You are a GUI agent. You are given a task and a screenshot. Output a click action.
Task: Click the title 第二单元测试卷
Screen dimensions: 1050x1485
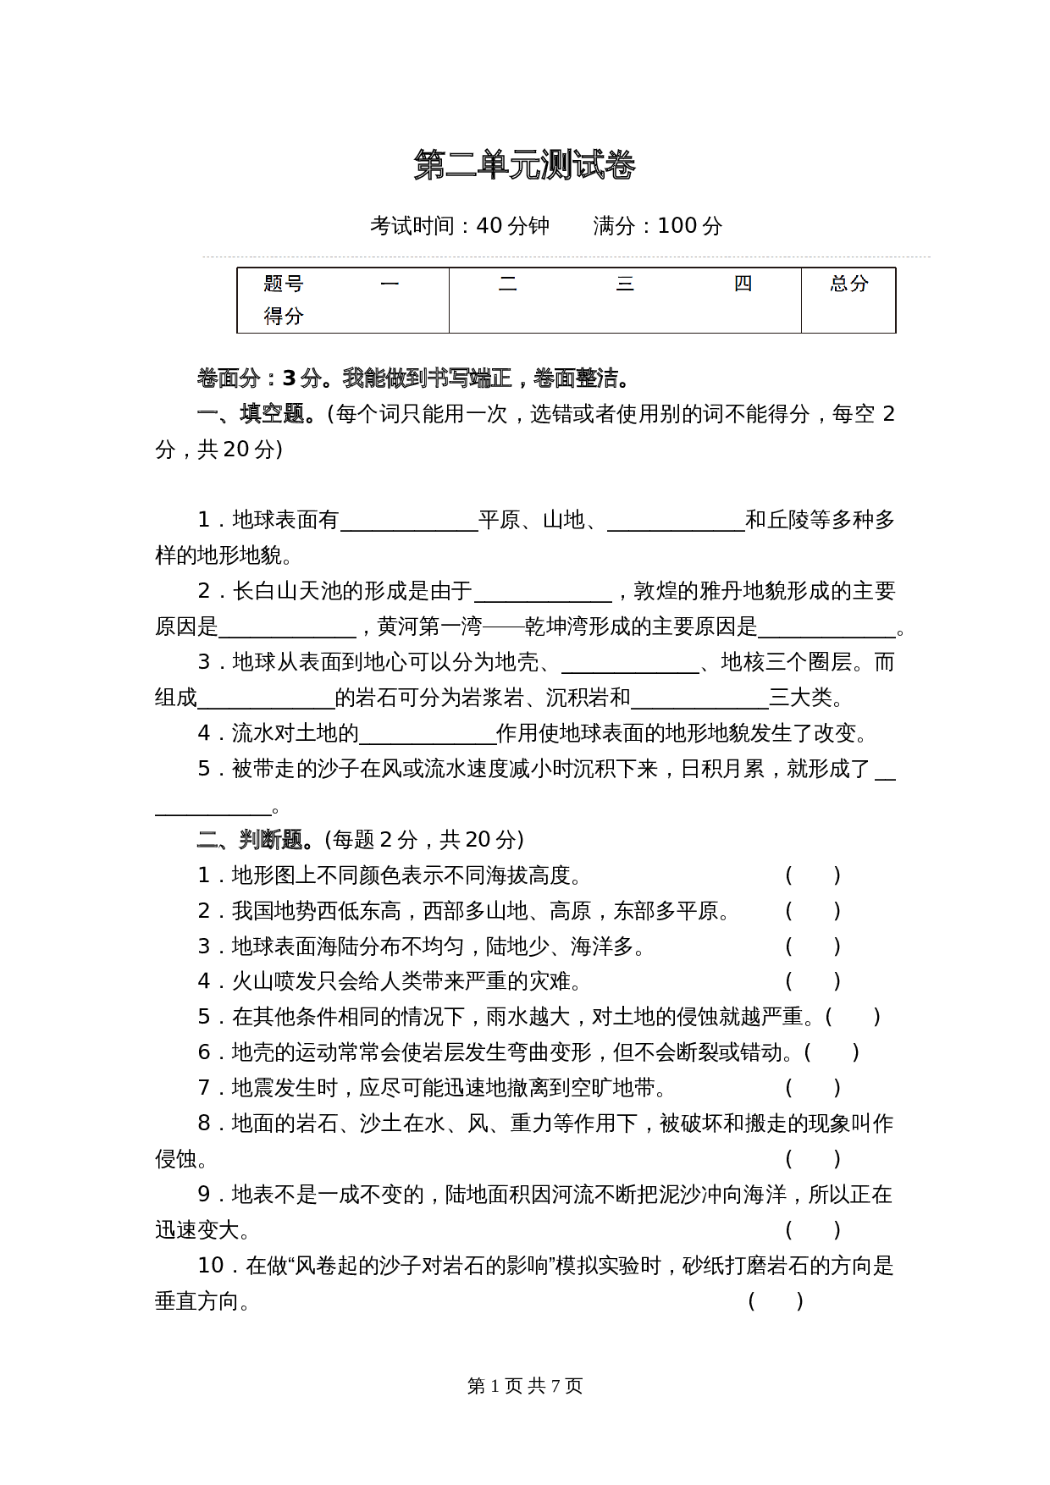(525, 165)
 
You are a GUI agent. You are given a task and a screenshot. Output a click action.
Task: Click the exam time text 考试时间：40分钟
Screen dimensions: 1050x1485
(460, 225)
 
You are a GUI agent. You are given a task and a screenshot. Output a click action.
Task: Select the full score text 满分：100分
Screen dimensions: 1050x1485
(658, 225)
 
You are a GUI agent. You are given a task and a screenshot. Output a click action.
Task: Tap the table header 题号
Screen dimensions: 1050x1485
(284, 284)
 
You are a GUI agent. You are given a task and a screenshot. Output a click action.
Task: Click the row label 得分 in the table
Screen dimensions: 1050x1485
(284, 316)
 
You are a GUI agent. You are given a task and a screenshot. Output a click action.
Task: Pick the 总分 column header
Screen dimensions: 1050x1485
(849, 284)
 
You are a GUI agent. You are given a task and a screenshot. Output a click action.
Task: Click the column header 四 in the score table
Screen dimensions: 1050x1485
(743, 284)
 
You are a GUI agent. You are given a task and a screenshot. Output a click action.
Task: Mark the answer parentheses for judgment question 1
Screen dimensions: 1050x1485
(813, 875)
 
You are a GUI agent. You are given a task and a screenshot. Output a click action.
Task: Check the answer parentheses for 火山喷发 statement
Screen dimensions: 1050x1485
(813, 981)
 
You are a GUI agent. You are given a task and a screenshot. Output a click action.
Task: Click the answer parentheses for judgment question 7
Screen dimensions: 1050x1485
(813, 1088)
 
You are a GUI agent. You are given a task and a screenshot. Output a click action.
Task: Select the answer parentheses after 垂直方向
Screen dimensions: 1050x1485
(776, 1300)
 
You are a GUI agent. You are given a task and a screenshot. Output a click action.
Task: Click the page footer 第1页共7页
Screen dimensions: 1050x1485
(525, 1386)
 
